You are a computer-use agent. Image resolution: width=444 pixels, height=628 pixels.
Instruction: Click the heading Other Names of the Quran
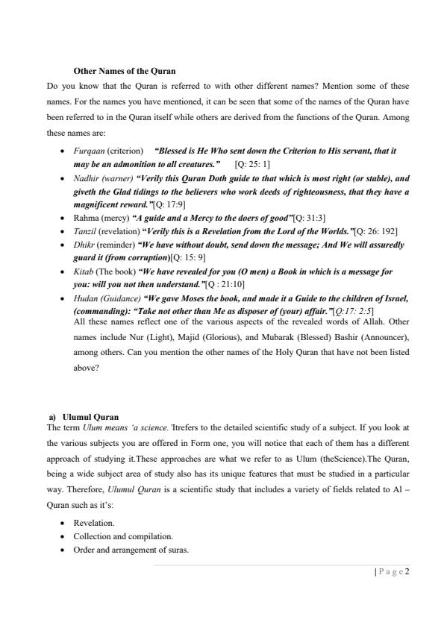[125, 71]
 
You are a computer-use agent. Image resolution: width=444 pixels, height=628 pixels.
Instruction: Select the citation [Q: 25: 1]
[252, 163]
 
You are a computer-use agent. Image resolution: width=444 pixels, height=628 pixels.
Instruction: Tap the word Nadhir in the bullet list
[88, 179]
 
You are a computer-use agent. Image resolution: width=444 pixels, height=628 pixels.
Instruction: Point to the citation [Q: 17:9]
[169, 204]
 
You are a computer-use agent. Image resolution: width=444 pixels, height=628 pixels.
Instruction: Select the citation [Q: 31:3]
[309, 218]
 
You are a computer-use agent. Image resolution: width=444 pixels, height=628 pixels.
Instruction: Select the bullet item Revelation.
[94, 524]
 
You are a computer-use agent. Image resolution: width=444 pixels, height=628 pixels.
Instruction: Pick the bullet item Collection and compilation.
[123, 537]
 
